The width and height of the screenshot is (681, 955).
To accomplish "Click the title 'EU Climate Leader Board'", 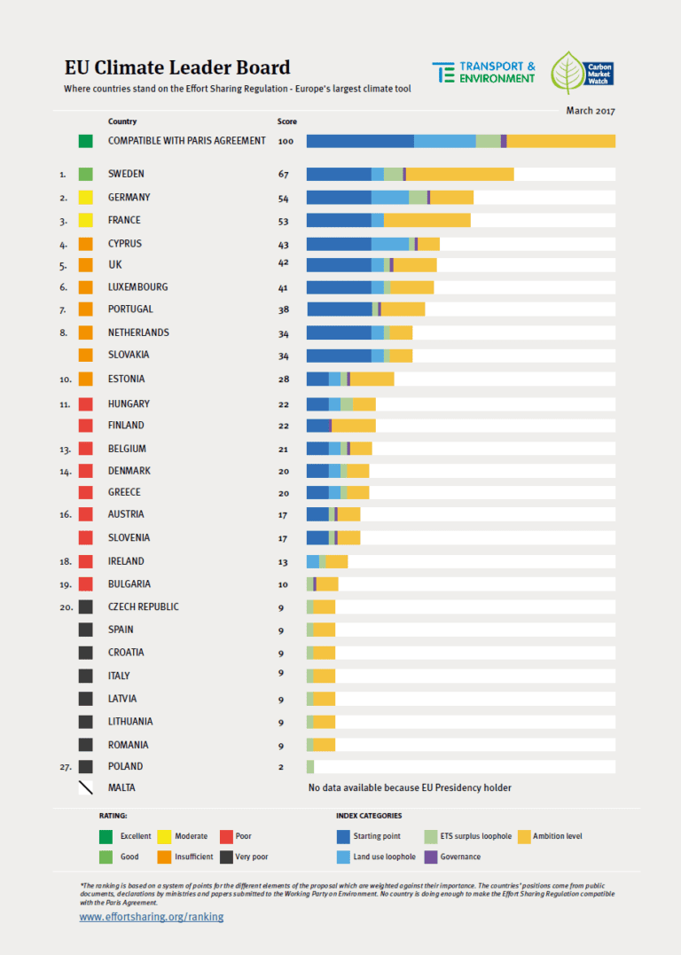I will point(176,67).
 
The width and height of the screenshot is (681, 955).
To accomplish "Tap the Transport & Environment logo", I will point(483,72).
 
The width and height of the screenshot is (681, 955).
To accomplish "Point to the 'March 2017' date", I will point(591,111).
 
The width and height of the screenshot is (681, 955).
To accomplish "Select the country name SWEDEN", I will point(126,174).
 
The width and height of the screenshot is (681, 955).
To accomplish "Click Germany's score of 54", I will point(284,197).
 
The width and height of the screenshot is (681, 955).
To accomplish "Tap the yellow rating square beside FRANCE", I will point(86,220).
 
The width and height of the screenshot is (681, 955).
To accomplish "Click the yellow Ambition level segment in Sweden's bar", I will point(459,174).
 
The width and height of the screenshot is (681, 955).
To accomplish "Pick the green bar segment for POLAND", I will point(310,766).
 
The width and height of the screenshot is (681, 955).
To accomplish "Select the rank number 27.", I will point(64,766).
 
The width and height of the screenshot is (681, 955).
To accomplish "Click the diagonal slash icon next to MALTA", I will point(86,787).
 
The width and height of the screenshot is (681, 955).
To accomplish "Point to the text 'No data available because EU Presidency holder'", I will point(410,787).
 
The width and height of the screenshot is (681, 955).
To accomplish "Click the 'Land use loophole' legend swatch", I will point(342,857).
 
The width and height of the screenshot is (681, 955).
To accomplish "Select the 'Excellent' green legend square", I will point(106,836).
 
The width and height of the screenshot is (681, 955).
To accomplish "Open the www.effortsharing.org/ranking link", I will point(152,917).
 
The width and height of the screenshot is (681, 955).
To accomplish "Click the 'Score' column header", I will point(287,121).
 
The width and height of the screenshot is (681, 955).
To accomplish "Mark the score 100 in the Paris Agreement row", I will point(286,141).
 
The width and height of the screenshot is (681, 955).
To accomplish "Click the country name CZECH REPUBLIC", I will point(144,607).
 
